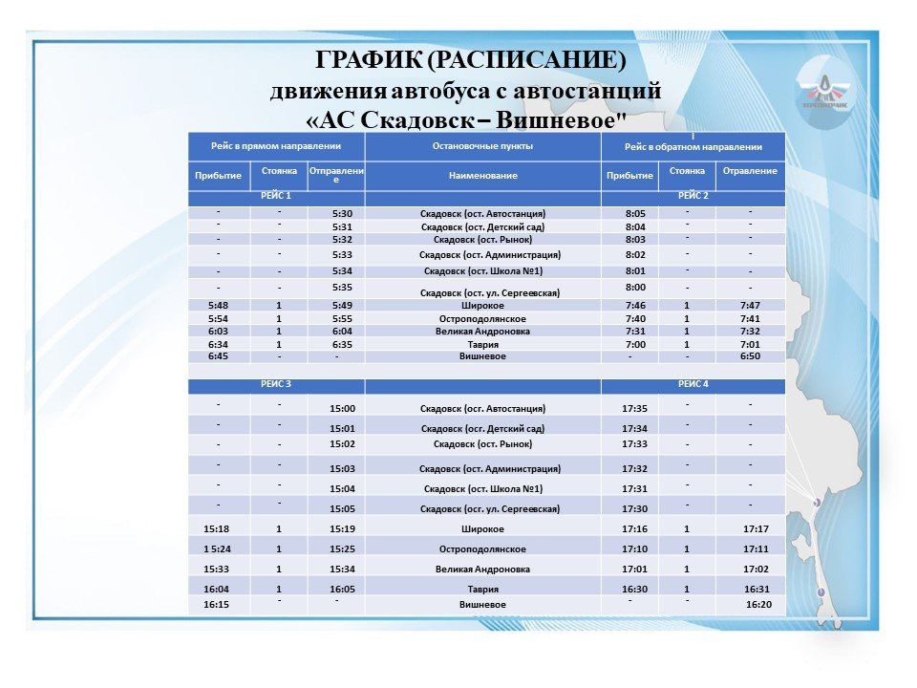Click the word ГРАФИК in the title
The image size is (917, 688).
point(369,61)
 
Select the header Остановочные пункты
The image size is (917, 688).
point(482,146)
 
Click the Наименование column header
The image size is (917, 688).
point(482,176)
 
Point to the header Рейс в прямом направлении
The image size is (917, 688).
point(276,146)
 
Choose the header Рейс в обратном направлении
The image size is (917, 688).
point(693,147)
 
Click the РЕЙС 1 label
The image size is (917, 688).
point(276,196)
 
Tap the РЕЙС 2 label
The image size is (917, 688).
point(693,196)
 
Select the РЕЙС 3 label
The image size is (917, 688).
point(276,383)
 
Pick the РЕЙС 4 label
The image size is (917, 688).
point(693,383)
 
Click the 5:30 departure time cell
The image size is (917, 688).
point(343,213)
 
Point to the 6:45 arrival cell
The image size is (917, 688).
point(217,356)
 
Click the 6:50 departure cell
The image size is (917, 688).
point(750,356)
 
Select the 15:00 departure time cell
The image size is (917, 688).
point(342,408)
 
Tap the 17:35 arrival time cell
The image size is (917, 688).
point(634,408)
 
